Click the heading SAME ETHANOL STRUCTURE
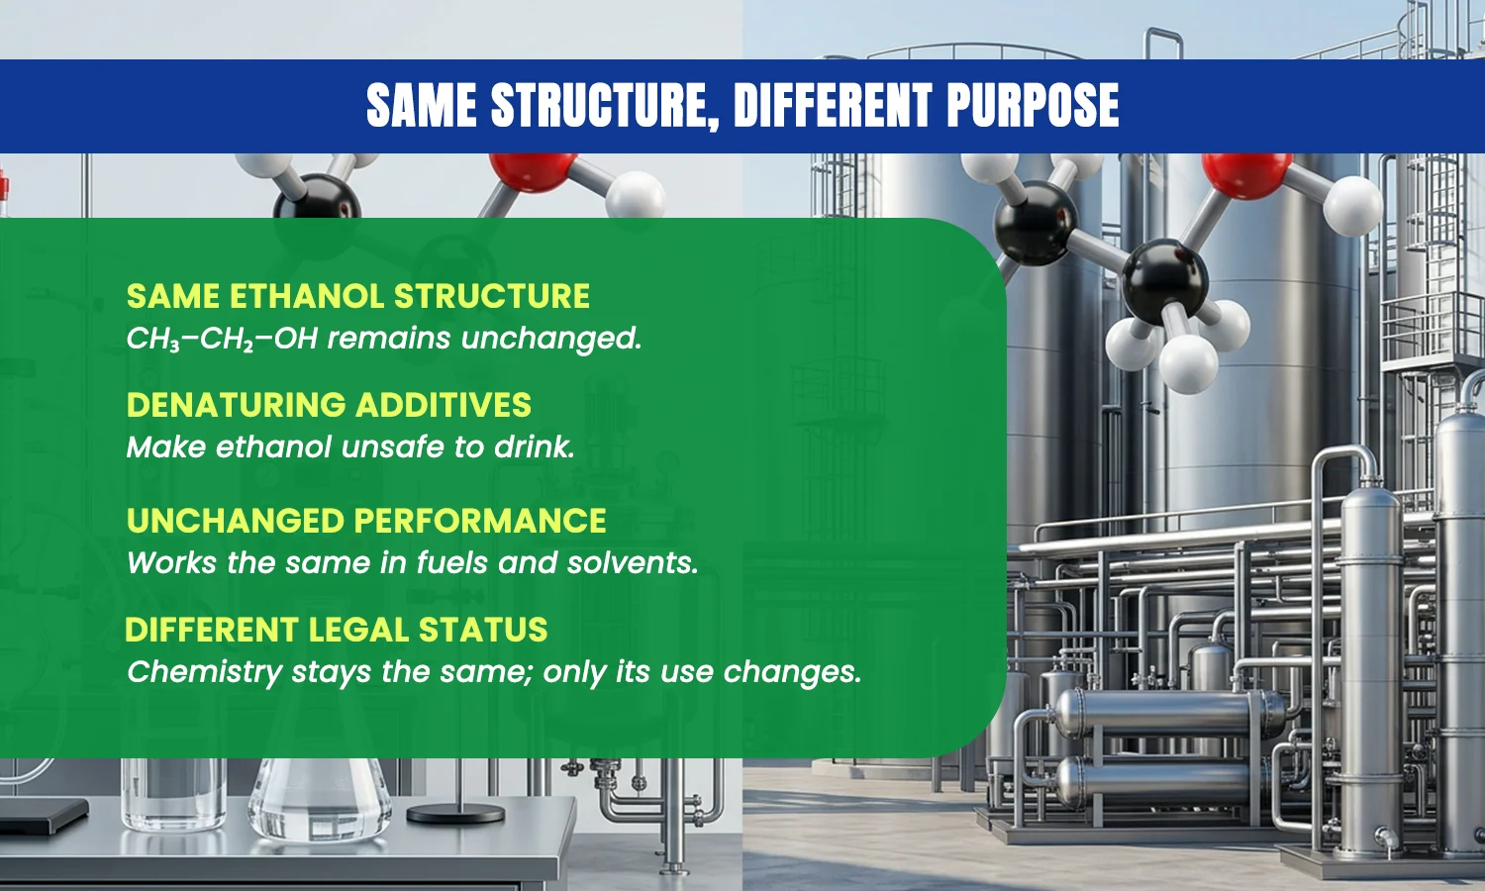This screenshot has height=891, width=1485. (358, 296)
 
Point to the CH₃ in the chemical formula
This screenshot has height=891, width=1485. (153, 340)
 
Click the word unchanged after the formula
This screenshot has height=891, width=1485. (551, 339)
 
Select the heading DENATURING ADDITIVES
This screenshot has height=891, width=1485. (329, 404)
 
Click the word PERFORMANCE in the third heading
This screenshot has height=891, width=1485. (479, 521)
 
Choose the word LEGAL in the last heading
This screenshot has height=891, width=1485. (358, 629)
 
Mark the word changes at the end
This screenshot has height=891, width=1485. (792, 672)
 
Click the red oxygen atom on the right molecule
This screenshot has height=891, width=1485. (1246, 173)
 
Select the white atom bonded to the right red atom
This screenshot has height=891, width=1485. (1352, 206)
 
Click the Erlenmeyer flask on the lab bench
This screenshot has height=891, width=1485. (320, 799)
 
